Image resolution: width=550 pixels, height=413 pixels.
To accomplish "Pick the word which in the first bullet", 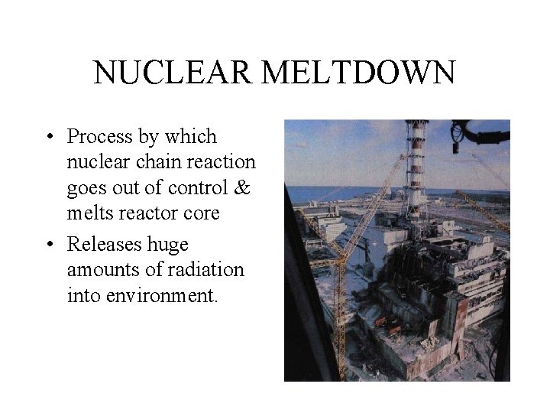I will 197,137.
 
